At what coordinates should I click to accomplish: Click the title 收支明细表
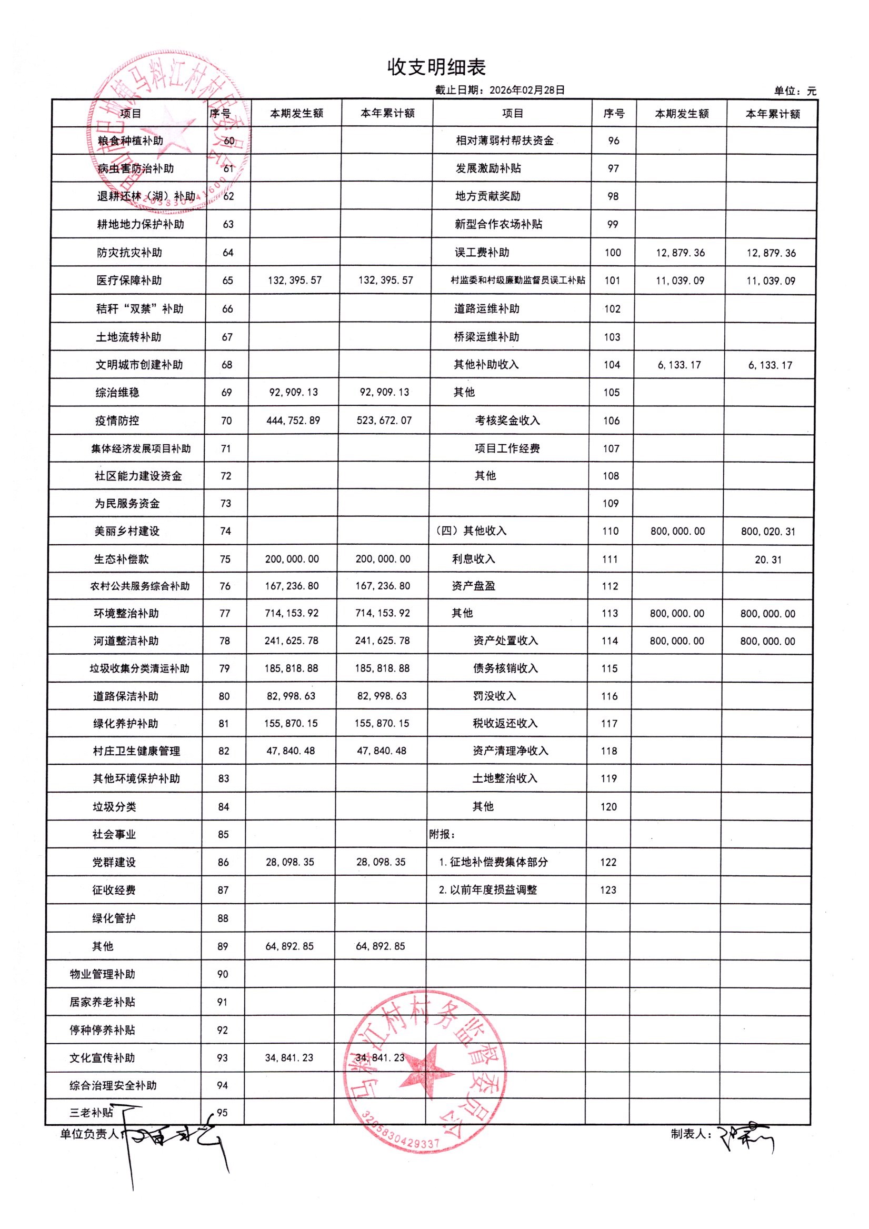436,67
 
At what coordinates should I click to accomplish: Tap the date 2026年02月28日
527,91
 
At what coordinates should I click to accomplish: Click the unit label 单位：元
795,91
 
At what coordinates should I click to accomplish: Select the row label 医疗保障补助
129,281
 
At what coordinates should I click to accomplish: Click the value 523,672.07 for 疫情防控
384,421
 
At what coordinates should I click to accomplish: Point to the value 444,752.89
293,421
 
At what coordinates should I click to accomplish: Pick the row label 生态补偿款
121,559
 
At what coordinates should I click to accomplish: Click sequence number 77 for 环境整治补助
225,613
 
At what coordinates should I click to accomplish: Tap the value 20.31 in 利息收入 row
768,560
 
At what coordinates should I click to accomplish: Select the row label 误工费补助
482,253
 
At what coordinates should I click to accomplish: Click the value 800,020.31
768,532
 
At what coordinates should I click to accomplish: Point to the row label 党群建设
114,862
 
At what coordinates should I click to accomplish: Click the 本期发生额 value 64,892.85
289,946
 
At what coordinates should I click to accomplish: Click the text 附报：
442,834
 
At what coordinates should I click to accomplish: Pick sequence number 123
608,890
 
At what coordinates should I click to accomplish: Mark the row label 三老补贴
92,1112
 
